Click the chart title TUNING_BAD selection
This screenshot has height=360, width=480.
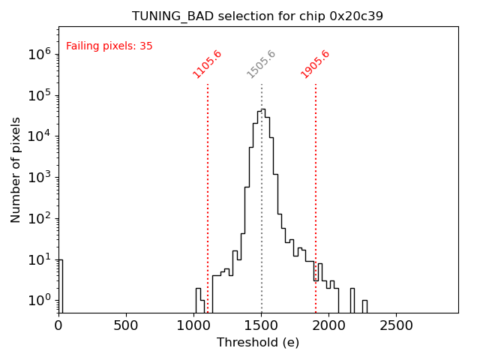pos(257,16)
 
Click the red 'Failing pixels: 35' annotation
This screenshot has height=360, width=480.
pos(109,46)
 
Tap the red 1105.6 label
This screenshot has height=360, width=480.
pos(208,64)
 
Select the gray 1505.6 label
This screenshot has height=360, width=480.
pos(262,64)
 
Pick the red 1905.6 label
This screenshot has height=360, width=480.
pos(316,64)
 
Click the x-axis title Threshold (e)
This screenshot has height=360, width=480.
pos(257,343)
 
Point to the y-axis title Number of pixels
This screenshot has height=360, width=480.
pos(16,169)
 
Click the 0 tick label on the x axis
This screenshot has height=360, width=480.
pos(58,325)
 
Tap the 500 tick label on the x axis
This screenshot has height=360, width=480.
pos(126,325)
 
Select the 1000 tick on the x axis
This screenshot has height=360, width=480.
pos(193,325)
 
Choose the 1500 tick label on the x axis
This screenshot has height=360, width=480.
pos(262,325)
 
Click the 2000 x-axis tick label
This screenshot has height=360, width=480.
pos(329,325)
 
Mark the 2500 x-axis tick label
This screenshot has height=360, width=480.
pos(397,325)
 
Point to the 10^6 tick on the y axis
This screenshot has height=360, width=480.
pos(39,54)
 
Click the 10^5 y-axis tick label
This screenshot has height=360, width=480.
pos(39,95)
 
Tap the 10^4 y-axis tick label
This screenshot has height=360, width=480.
pos(39,136)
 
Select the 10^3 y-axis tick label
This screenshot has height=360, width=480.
pos(39,178)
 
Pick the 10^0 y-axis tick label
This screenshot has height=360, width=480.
pos(39,301)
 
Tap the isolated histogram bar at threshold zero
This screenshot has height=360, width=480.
pos(60,285)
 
